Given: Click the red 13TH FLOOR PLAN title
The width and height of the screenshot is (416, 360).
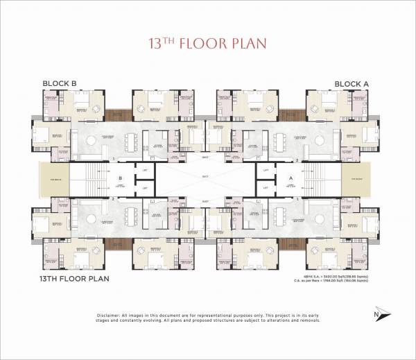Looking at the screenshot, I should pos(208,44).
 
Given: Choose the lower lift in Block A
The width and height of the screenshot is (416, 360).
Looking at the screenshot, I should pos(266,188).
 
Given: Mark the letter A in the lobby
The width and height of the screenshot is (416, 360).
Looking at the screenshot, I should pos(290,178).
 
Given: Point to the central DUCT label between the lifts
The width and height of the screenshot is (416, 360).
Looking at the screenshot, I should pos(205,178).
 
